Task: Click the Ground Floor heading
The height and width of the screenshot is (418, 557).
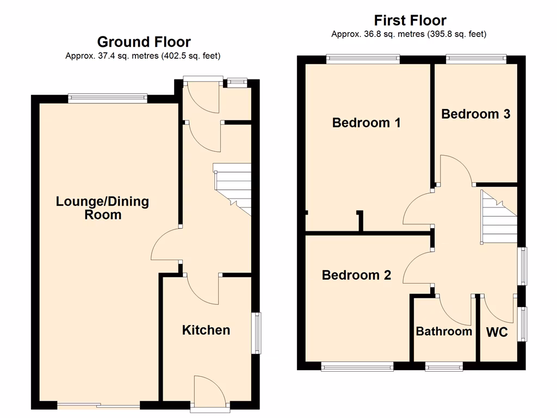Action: pyautogui.click(x=144, y=42)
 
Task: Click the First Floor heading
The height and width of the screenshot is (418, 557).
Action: pyautogui.click(x=410, y=21)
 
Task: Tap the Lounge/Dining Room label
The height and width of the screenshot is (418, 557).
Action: pyautogui.click(x=102, y=208)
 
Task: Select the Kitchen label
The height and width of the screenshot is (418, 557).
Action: pyautogui.click(x=206, y=330)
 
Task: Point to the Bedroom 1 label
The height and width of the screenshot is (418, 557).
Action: pyautogui.click(x=366, y=122)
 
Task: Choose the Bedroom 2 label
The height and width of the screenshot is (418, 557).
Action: pyautogui.click(x=356, y=275)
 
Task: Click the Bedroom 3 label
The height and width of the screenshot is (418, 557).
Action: pyautogui.click(x=476, y=114)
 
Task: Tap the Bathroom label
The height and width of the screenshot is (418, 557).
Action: pyautogui.click(x=444, y=331)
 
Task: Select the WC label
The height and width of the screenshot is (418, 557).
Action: pyautogui.click(x=497, y=332)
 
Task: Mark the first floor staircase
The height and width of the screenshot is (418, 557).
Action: pyautogui.click(x=498, y=218)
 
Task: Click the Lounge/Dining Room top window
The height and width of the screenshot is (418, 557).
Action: pyautogui.click(x=108, y=99)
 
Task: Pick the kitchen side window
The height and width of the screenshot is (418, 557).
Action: pyautogui.click(x=255, y=333)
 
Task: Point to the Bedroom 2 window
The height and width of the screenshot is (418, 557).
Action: pyautogui.click(x=357, y=367)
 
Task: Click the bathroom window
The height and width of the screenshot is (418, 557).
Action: pyautogui.click(x=444, y=367)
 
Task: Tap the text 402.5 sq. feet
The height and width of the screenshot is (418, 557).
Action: pyautogui.click(x=190, y=56)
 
